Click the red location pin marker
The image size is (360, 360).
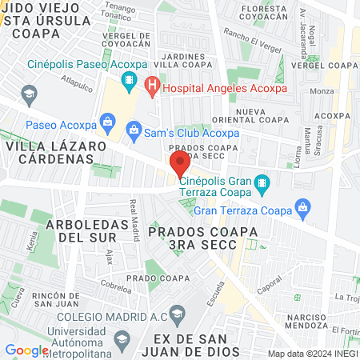[179, 165]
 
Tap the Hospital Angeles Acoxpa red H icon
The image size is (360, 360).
[153, 82]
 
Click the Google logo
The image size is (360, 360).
[26, 350]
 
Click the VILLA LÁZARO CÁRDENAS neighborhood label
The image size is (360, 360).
[56, 153]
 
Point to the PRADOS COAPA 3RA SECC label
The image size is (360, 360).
[203, 238]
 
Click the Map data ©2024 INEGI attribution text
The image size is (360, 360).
[312, 354]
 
